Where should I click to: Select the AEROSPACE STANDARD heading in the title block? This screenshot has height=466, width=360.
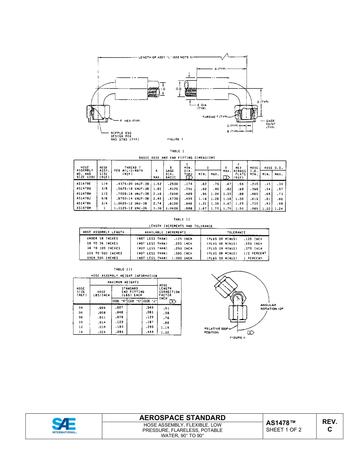182,418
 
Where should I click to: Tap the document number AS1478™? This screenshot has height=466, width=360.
280,423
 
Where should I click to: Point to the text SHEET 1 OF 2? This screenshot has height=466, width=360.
284,430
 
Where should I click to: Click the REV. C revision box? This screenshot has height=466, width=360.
329,425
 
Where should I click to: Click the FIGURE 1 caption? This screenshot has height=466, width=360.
175,139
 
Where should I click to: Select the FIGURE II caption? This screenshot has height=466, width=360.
238,338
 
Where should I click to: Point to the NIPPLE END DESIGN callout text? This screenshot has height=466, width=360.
125,136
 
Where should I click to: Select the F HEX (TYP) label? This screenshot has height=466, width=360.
130,120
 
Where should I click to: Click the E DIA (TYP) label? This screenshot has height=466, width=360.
202,106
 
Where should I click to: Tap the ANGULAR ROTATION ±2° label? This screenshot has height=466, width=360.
272,307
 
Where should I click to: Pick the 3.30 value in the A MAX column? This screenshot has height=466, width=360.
157,208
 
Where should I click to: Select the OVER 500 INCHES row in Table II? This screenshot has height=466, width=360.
103,258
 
